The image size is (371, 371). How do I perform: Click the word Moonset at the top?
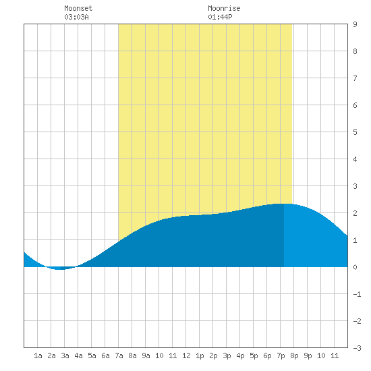click(x=78, y=8)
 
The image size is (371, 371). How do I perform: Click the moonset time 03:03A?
click(x=76, y=17)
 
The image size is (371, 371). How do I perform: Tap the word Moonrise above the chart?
click(x=224, y=8)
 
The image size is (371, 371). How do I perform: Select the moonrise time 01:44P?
click(x=220, y=17)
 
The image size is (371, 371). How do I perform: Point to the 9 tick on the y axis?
click(x=355, y=24)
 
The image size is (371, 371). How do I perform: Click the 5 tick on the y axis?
click(x=355, y=132)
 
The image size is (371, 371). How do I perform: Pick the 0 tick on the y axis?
click(x=355, y=267)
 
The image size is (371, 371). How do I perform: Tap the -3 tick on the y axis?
click(x=357, y=348)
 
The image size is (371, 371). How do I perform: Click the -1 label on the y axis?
click(x=357, y=294)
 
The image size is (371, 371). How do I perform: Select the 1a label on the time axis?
click(x=38, y=355)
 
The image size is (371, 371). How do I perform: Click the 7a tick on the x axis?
click(x=119, y=355)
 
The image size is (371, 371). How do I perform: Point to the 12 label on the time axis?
click(x=186, y=355)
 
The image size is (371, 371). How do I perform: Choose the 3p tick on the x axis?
click(x=227, y=355)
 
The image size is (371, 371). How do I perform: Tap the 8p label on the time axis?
click(x=294, y=355)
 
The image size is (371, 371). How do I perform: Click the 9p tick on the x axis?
click(x=308, y=355)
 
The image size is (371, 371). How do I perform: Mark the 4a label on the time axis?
click(x=78, y=355)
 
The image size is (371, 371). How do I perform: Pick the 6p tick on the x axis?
click(x=267, y=355)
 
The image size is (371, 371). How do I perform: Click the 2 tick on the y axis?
click(x=355, y=213)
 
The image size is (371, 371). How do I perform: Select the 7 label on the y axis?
click(x=355, y=78)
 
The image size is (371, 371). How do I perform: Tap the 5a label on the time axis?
click(x=92, y=355)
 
